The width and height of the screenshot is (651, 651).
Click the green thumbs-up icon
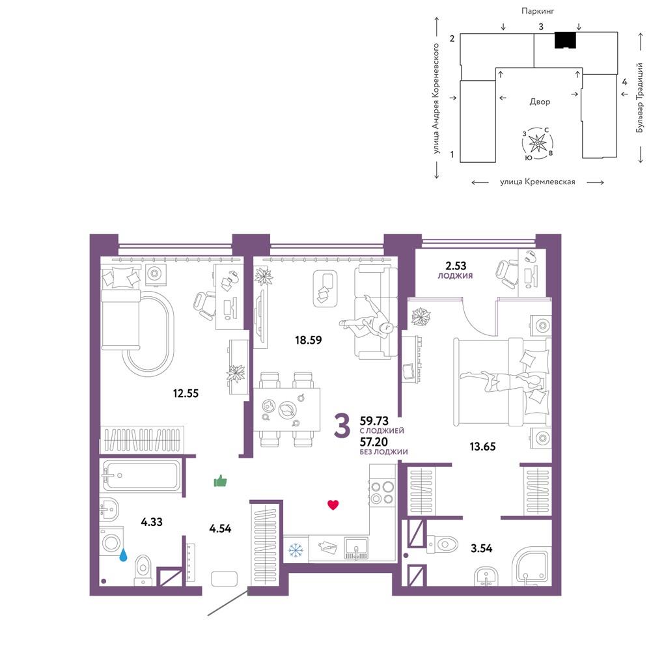220,481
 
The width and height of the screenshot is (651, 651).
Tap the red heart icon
333,505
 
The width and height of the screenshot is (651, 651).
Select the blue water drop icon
123,555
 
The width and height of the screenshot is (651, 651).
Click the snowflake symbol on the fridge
296,549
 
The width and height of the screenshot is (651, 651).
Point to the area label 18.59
308,340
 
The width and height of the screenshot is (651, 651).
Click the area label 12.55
186,393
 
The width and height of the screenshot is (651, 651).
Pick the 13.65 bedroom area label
482,447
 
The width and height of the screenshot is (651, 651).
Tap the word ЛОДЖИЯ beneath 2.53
455,275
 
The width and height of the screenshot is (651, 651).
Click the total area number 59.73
374,421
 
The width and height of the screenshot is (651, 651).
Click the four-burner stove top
382,492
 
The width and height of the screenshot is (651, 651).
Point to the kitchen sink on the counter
356,548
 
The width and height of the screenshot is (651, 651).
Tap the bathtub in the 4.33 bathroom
141,475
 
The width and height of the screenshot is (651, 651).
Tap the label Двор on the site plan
540,102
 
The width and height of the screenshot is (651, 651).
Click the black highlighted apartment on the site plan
566,40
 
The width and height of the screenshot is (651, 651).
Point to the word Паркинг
538,11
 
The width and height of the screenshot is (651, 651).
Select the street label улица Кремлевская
537,182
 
